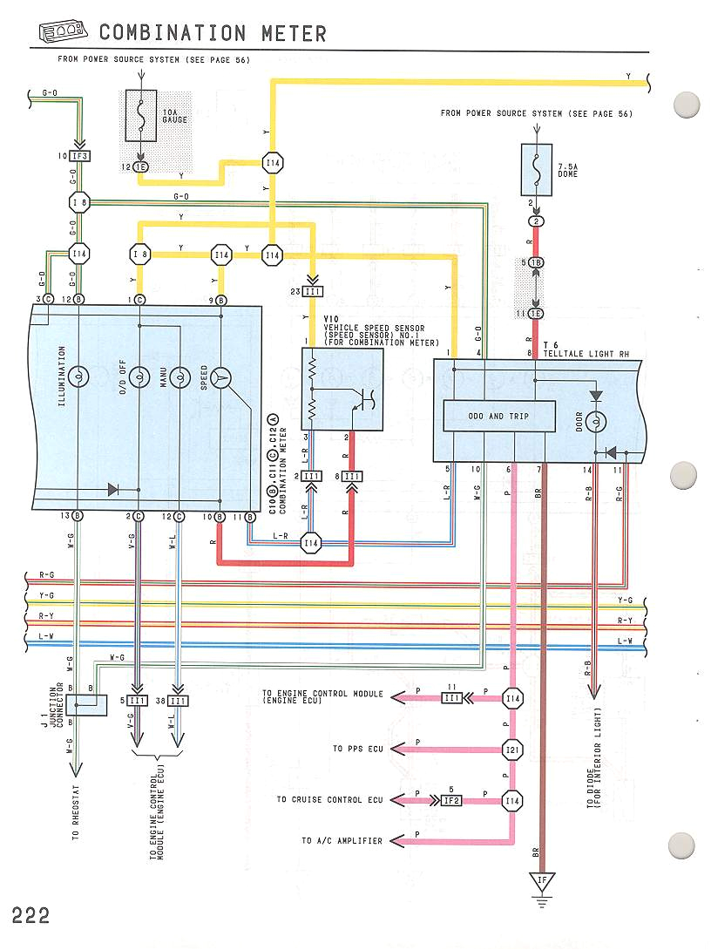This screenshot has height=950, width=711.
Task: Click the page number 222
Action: pyautogui.click(x=30, y=915)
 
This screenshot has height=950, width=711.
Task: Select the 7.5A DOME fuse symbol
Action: pyautogui.click(x=536, y=169)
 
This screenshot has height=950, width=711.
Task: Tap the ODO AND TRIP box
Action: pyautogui.click(x=499, y=417)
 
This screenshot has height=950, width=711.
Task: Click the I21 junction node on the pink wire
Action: pyautogui.click(x=512, y=749)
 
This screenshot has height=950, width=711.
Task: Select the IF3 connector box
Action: pyautogui.click(x=79, y=157)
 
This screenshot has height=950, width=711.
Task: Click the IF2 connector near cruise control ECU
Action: pyautogui.click(x=450, y=799)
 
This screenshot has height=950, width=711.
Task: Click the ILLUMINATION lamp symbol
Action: pyautogui.click(x=78, y=377)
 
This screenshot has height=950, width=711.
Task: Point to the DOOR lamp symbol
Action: pyautogui.click(x=596, y=421)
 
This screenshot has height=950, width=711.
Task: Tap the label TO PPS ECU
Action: pyautogui.click(x=358, y=749)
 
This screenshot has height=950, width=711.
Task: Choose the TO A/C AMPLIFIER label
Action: pyautogui.click(x=342, y=841)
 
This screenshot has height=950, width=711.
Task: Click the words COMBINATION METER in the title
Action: pyautogui.click(x=213, y=33)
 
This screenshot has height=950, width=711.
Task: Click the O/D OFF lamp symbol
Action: pyautogui.click(x=139, y=377)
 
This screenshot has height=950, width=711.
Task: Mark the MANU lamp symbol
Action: pyautogui.click(x=179, y=377)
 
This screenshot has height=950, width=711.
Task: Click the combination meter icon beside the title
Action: pyautogui.click(x=62, y=34)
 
